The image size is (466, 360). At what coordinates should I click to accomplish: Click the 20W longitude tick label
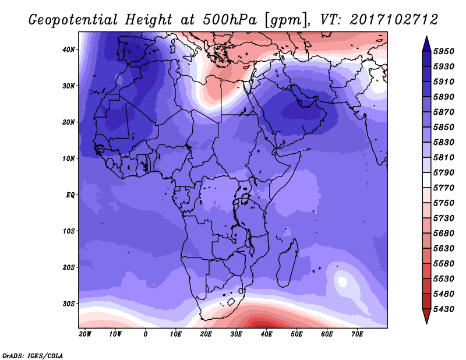point(85,334)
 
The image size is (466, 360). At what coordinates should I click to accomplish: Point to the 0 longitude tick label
point(146,334)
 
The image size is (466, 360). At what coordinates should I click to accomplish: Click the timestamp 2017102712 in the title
point(394,20)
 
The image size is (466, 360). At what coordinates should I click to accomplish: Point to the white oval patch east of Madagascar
point(341,282)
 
